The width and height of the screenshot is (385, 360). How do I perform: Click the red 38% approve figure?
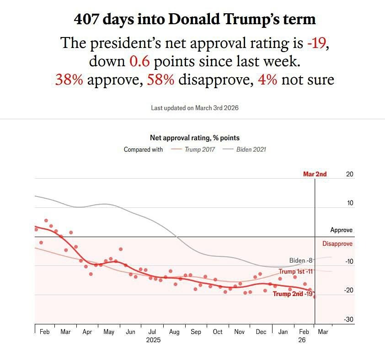[69, 79]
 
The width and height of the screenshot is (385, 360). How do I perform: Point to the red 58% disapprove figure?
[160, 79]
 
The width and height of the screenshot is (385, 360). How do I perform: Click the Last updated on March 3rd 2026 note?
[195, 108]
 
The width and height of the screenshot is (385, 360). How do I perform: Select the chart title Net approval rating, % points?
[195, 138]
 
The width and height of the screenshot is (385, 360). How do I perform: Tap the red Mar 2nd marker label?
[315, 174]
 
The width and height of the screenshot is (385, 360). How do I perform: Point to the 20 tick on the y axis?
[350, 174]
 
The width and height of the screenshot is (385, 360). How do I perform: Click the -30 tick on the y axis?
[348, 319]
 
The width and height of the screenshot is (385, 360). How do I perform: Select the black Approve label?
[342, 230]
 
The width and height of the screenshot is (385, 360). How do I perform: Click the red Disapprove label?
[337, 244]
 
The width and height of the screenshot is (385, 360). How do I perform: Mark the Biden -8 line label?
[300, 260]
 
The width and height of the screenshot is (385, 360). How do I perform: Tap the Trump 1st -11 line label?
[295, 271]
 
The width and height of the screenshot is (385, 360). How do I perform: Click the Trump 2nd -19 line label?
[293, 294]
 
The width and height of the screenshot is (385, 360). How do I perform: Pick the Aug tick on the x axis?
[174, 332]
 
